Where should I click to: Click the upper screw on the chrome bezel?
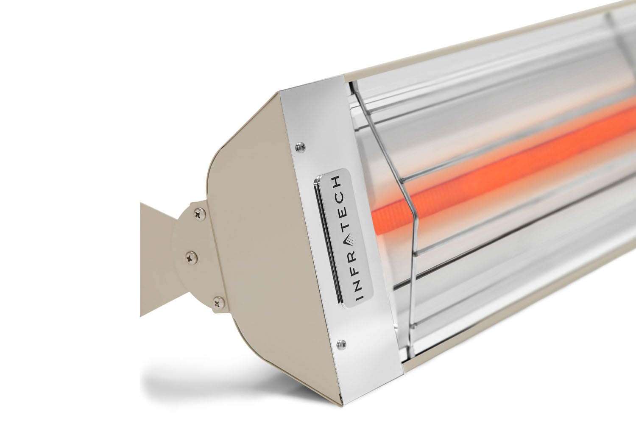click(301, 147)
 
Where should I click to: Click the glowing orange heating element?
click(488, 174)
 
